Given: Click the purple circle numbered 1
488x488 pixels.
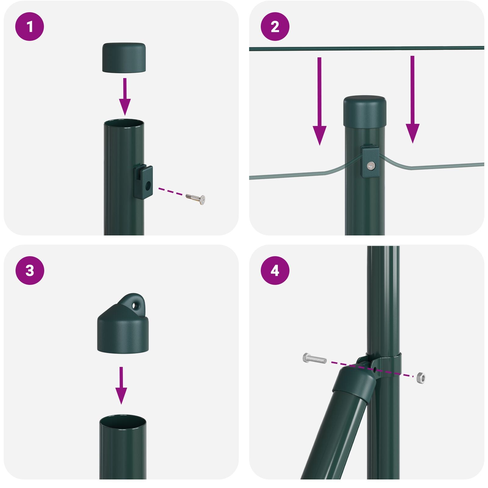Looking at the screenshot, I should tap(30, 27).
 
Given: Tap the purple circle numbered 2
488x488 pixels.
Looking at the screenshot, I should tap(275, 27).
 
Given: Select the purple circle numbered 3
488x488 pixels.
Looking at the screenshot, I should tap(30, 271).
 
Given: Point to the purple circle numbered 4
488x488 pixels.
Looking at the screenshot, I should tap(275, 271).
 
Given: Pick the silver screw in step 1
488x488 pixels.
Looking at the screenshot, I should tap(196, 197).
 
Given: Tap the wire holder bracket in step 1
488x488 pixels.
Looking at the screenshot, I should tap(143, 182).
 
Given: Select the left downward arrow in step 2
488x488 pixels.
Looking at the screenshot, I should tap(319, 101).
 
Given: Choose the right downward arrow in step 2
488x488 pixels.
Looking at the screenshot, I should tap(412, 99).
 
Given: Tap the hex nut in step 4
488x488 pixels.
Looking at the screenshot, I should tap(421, 378).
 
